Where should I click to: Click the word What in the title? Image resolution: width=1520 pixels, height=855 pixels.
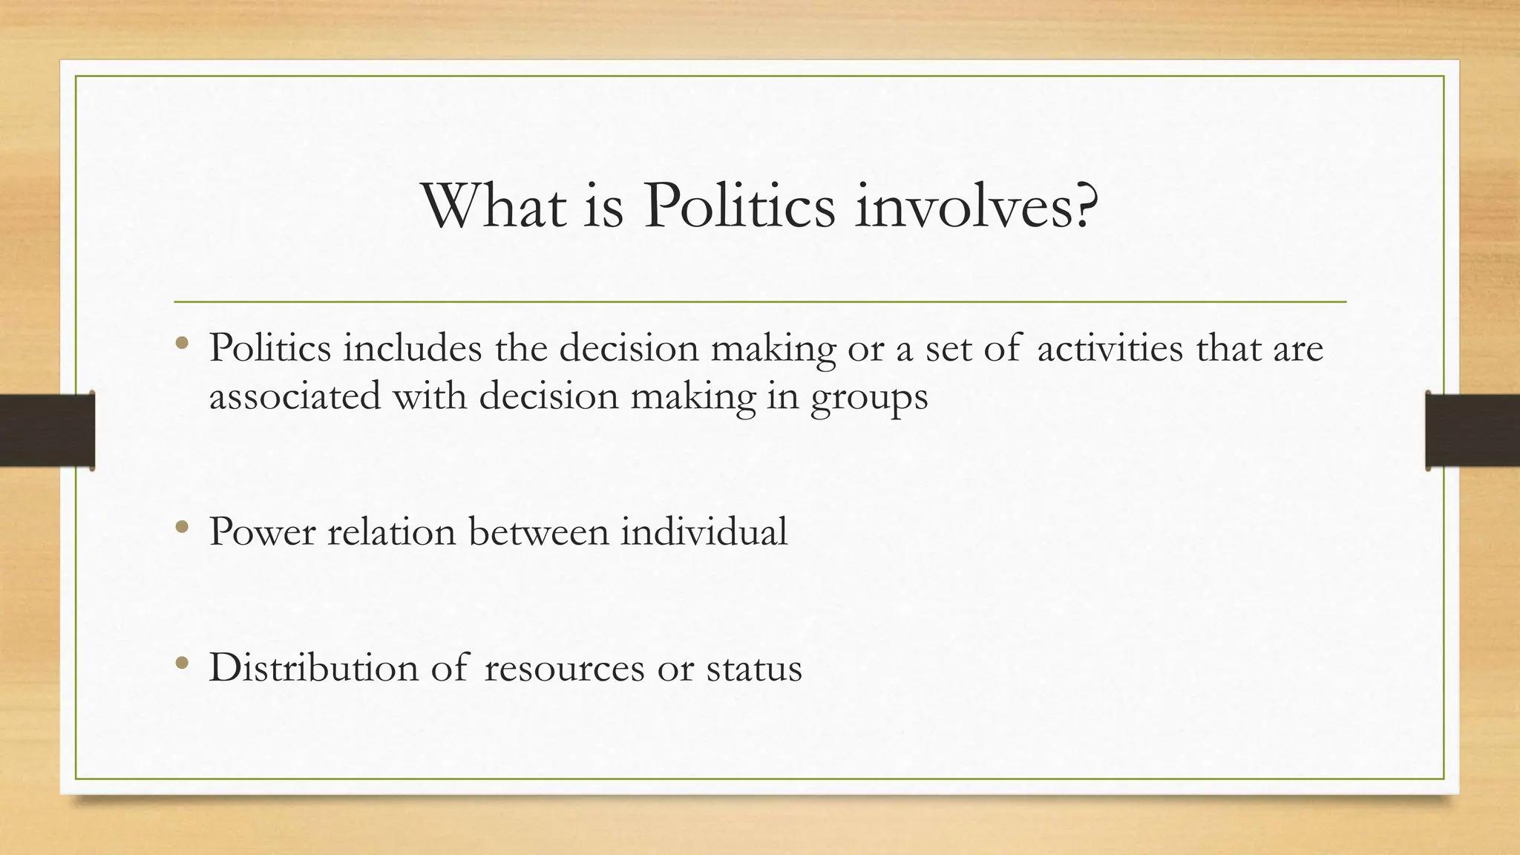click(494, 206)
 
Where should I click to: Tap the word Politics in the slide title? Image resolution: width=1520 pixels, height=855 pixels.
click(739, 206)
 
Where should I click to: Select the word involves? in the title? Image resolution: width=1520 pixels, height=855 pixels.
click(976, 206)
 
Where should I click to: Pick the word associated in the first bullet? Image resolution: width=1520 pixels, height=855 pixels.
click(295, 396)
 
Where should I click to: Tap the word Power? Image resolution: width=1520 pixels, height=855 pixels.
click(262, 532)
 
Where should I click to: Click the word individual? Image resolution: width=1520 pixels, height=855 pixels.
click(704, 532)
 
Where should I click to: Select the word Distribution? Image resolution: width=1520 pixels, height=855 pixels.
click(314, 667)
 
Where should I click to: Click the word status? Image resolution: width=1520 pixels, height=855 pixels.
click(754, 668)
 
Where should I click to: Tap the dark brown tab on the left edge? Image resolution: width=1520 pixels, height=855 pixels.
click(47, 430)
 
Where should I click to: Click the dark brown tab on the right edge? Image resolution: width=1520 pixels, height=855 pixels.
click(1472, 430)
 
